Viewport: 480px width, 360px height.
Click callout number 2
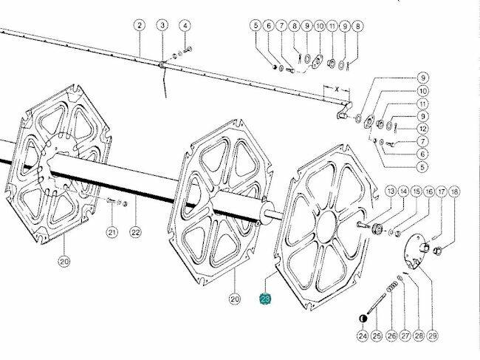[140, 25]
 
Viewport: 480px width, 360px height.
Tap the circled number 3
[162, 25]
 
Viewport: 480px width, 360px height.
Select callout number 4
[185, 26]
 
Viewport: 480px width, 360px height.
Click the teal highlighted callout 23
[265, 299]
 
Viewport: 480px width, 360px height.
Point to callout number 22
[136, 232]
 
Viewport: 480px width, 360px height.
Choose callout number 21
[112, 233]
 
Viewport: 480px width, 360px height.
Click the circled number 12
[422, 129]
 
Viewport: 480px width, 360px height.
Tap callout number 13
[391, 191]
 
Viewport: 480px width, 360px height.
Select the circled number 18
[454, 191]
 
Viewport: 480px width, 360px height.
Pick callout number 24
[363, 336]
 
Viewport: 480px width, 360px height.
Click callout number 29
[432, 336]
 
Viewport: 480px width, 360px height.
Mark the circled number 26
[392, 336]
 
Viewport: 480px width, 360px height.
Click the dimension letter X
[337, 89]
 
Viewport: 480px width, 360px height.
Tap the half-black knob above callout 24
[363, 319]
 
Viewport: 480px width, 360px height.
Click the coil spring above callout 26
[392, 288]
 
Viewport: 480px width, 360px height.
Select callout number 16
[430, 191]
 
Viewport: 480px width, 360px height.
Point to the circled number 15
[416, 191]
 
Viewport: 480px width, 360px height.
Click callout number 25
[377, 336]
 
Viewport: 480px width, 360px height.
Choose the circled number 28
[419, 336]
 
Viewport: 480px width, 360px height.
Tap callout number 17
[442, 191]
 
